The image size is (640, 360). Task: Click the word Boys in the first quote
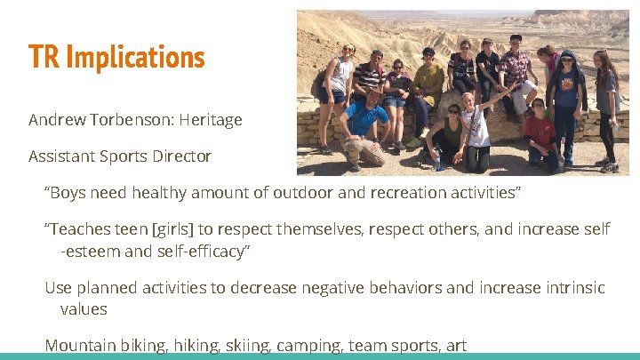pyautogui.click(x=69, y=193)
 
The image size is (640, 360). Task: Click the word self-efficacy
pyautogui.click(x=203, y=252)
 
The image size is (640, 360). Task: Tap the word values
pyautogui.click(x=84, y=309)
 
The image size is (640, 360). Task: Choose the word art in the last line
pyautogui.click(x=455, y=346)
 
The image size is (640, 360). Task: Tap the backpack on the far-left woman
pyautogui.click(x=320, y=84)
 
